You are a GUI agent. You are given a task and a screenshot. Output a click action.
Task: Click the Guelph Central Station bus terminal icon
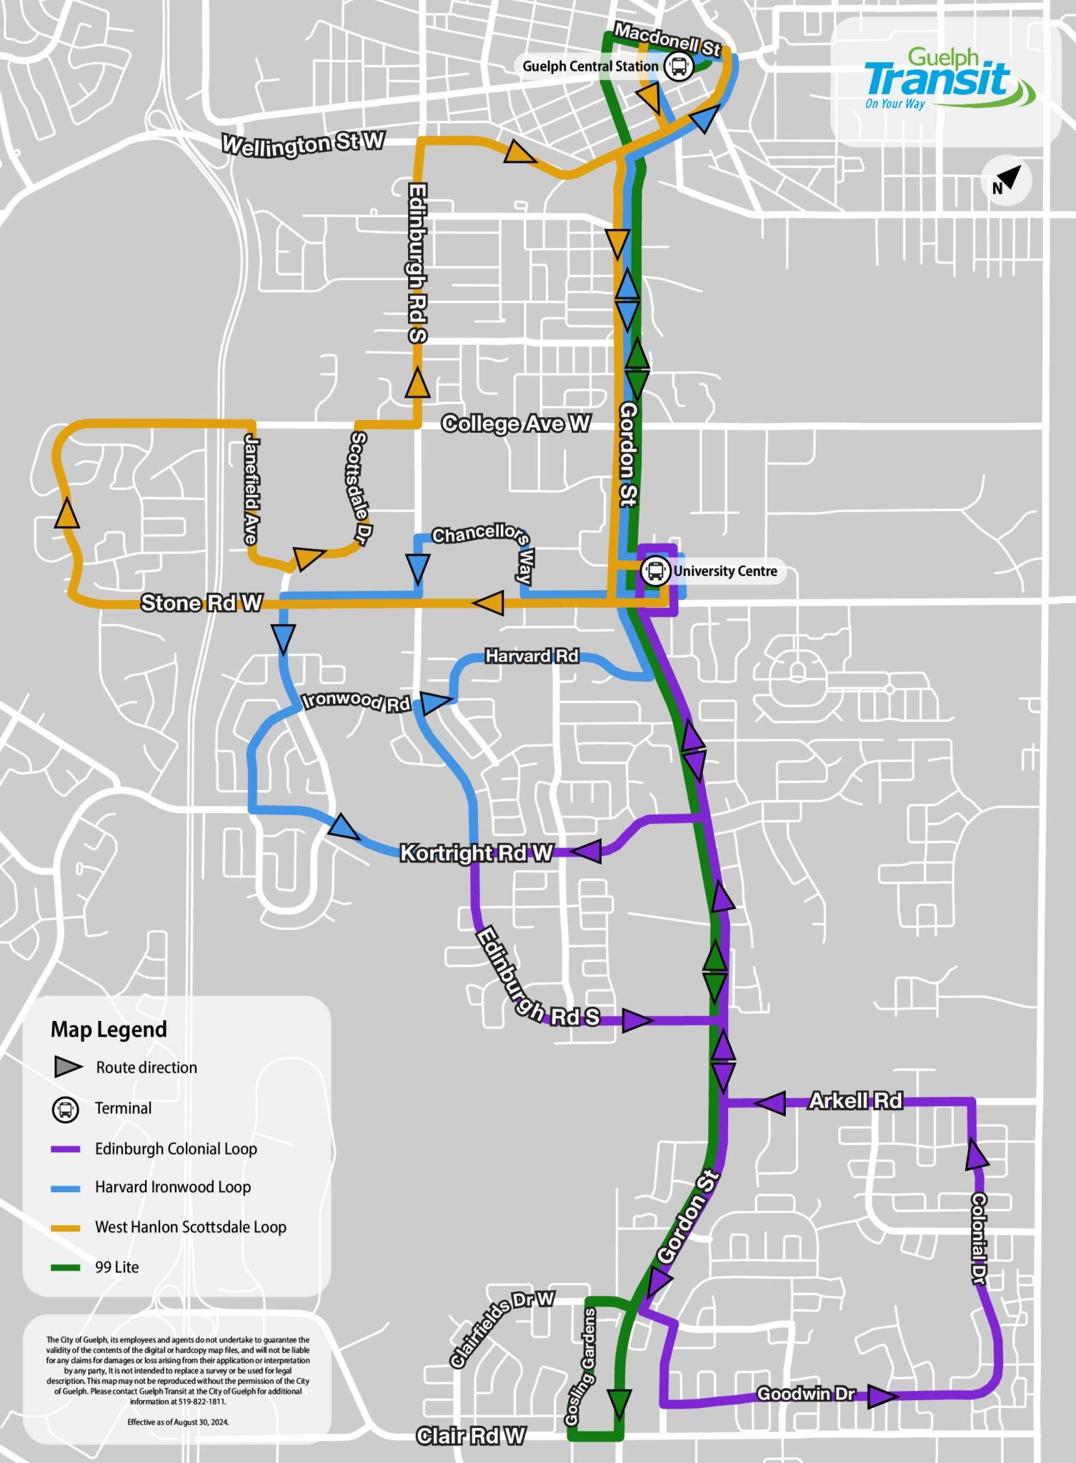click(x=678, y=66)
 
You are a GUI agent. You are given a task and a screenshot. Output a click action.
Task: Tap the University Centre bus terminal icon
click(x=655, y=571)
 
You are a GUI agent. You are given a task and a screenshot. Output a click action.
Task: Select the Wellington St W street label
click(x=303, y=144)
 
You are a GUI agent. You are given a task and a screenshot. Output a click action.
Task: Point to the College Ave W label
click(x=516, y=424)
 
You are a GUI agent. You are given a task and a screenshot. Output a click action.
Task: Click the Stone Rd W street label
click(x=201, y=603)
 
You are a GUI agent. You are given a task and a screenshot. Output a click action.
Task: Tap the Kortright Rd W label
click(x=476, y=852)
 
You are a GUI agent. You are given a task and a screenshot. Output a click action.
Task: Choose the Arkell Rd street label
click(x=855, y=1101)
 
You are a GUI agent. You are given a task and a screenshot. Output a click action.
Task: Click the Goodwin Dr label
click(x=806, y=1394)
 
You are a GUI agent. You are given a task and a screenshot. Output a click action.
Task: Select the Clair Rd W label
click(x=471, y=1435)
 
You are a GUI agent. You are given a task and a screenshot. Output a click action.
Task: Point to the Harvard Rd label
click(x=532, y=656)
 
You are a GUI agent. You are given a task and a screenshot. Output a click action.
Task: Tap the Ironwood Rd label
click(x=357, y=701)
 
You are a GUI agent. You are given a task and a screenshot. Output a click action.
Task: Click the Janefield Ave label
click(x=251, y=489)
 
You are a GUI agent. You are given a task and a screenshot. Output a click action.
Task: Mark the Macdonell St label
click(x=667, y=39)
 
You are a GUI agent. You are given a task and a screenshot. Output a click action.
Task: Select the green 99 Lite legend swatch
click(x=65, y=1267)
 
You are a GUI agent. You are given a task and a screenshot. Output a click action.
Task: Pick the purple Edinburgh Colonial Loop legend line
click(x=65, y=1149)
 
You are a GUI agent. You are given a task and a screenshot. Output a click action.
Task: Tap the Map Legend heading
click(x=109, y=1029)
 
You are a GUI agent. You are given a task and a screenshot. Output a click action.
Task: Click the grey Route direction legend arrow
click(x=69, y=1067)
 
